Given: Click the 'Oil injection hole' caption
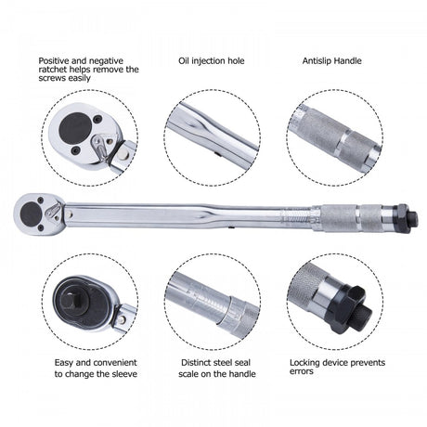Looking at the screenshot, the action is [212, 61].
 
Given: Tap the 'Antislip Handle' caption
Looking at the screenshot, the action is [332, 61].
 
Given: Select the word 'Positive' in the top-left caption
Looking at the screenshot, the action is [55, 61].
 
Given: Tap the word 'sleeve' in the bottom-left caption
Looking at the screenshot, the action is [123, 374].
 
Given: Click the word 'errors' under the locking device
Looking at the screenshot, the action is [302, 371].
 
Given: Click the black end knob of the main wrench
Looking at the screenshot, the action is [409, 218].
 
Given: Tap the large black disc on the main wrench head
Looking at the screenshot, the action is [31, 214].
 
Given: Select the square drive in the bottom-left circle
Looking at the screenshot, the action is [72, 302].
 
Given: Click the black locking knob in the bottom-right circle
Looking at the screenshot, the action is [354, 311].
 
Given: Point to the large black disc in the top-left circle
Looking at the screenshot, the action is [75, 127].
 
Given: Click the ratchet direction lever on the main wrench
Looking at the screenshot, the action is [52, 211].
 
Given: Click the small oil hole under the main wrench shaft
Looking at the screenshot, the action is [231, 227].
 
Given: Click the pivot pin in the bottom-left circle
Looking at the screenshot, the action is [123, 319].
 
